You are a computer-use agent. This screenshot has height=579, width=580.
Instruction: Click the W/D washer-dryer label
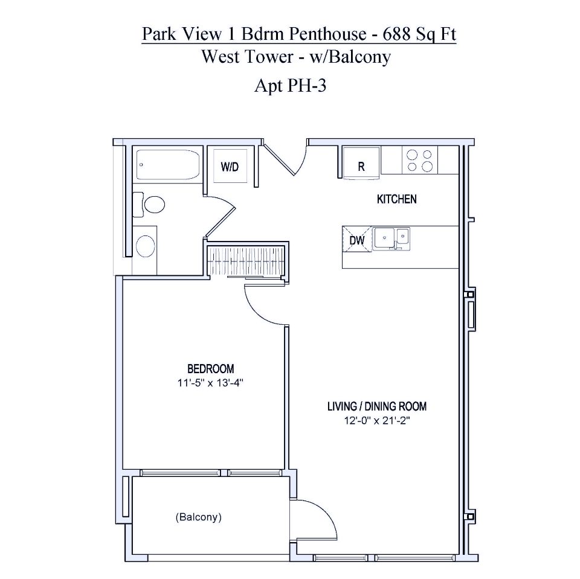click(229, 167)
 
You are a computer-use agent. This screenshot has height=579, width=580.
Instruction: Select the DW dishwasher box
click(356, 240)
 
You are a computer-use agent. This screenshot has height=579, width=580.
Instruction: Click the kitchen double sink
click(391, 238)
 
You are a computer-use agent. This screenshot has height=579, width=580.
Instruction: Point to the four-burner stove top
click(419, 160)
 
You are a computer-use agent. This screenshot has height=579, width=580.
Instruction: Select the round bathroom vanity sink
click(146, 246)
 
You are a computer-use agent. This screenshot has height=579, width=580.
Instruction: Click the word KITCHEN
click(396, 199)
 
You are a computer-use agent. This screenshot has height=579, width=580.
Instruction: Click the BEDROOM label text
click(210, 368)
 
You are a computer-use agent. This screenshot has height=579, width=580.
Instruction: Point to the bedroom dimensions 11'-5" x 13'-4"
click(210, 382)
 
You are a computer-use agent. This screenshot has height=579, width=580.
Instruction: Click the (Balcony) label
click(198, 517)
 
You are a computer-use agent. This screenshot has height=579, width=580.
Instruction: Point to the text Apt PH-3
click(291, 86)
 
